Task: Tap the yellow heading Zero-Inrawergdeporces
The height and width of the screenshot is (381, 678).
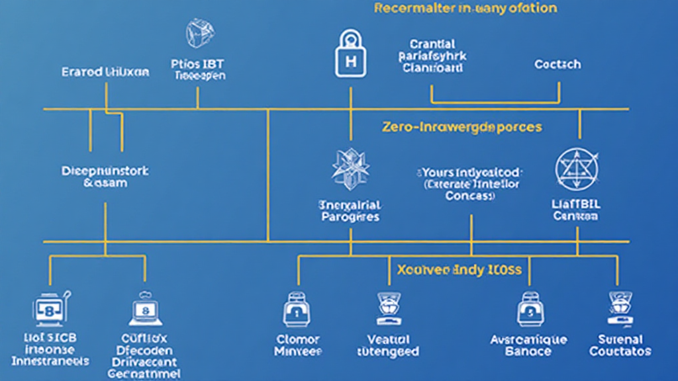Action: (x=461, y=126)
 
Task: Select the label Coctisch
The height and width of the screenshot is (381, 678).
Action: (x=557, y=64)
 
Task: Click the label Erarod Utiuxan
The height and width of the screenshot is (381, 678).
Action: (x=105, y=71)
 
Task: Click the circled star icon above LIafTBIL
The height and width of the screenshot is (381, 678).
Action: (x=575, y=166)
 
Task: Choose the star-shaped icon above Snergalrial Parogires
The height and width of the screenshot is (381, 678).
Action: (x=350, y=166)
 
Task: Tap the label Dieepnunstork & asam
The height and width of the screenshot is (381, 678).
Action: (x=105, y=177)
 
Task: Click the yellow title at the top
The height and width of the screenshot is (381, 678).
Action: (x=465, y=9)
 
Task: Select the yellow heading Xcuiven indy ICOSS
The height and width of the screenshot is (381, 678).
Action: (x=459, y=270)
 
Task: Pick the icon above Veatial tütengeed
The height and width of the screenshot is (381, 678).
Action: (x=387, y=308)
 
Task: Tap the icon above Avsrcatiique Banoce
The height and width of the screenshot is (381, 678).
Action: (x=528, y=309)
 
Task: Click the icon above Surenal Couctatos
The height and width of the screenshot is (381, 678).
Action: (x=620, y=308)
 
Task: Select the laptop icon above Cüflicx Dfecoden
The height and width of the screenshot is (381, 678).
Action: (x=144, y=308)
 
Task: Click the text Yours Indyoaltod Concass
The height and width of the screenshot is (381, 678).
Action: (x=471, y=183)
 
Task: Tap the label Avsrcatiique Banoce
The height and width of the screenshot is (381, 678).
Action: (x=528, y=345)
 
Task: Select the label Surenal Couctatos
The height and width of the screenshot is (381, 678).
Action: (x=620, y=345)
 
